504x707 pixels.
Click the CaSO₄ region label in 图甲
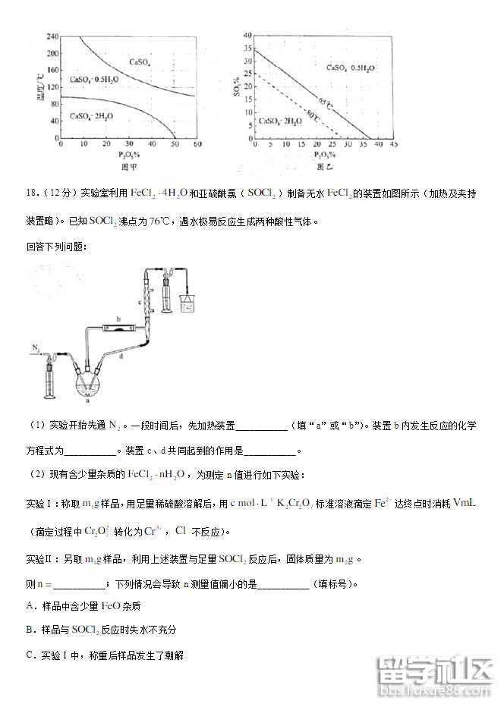click(x=140, y=61)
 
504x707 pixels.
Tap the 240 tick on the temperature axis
click(x=52, y=36)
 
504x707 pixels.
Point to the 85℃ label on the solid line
click(x=325, y=102)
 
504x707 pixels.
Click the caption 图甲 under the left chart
click(x=128, y=165)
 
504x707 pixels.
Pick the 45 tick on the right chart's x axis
click(x=395, y=143)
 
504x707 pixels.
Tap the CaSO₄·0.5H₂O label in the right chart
click(x=351, y=68)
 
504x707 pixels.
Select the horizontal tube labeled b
click(x=120, y=328)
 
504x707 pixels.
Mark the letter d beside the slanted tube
click(x=121, y=356)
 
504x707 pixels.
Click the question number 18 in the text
click(x=32, y=193)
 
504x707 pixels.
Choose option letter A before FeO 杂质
click(x=30, y=605)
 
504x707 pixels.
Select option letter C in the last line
click(x=30, y=654)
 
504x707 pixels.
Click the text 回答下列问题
click(x=55, y=247)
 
